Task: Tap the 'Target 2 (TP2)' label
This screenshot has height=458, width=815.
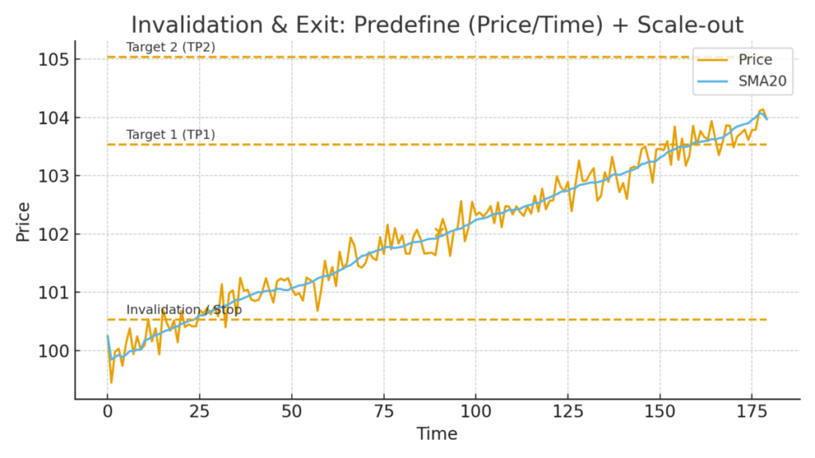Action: click(170, 47)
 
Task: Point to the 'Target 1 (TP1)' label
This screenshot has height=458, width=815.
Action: click(170, 134)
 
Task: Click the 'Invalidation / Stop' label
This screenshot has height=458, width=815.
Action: click(184, 309)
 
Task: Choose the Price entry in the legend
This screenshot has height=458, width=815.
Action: click(755, 60)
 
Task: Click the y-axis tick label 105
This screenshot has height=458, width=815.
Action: click(55, 60)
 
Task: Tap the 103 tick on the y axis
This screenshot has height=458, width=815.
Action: click(55, 176)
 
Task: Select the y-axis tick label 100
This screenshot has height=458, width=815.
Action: click(55, 351)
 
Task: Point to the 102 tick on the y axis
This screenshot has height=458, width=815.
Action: click(55, 235)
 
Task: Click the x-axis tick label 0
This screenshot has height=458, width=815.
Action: click(107, 412)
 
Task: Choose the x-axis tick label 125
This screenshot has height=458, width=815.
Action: click(567, 412)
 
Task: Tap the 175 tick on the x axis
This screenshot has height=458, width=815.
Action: click(751, 412)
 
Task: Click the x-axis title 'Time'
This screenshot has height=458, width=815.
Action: click(437, 434)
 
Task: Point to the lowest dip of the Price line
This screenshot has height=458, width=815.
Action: click(111, 382)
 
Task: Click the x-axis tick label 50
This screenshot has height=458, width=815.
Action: click(291, 412)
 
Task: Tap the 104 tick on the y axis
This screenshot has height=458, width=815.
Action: click(55, 118)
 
